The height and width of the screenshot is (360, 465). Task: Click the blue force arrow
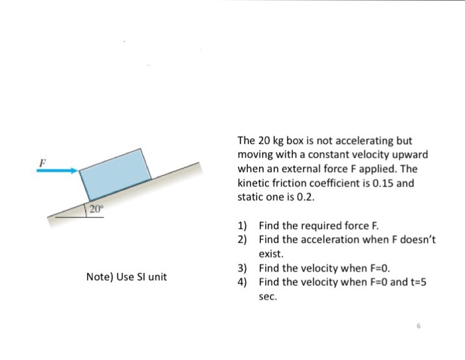pyautogui.click(x=56, y=171)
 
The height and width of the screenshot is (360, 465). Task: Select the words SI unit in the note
pyautogui.click(x=152, y=276)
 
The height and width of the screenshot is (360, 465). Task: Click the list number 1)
pyautogui.click(x=242, y=226)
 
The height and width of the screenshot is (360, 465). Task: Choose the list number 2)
pyautogui.click(x=242, y=239)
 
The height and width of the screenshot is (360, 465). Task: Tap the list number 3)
pyautogui.click(x=242, y=268)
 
